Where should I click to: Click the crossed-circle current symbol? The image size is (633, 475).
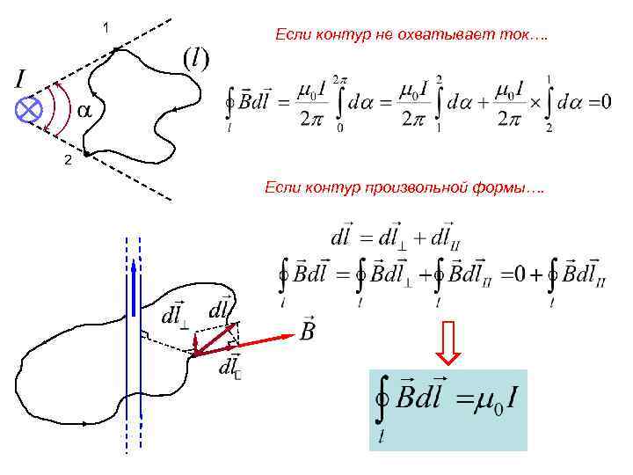tap(31, 110)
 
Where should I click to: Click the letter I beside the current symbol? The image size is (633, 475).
tap(20, 80)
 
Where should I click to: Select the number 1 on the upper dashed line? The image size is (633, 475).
tap(105, 28)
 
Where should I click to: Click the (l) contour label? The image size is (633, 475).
tap(195, 59)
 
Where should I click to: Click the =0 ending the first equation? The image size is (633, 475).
tap(593, 103)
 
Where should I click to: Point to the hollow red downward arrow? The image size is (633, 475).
tap(448, 342)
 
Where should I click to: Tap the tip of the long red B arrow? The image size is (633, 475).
tap(292, 334)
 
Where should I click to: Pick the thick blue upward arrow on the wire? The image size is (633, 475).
tap(133, 281)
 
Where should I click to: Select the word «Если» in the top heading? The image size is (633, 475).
tap(290, 34)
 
